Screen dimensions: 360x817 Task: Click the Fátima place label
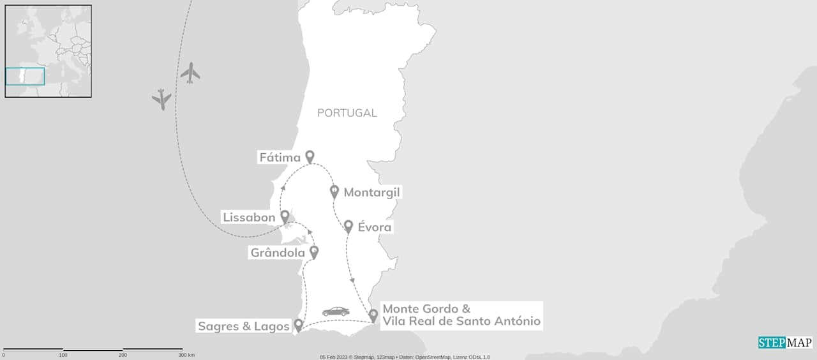(x=280, y=157)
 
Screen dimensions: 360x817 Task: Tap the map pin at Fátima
(x=310, y=156)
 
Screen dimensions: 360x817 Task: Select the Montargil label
(x=372, y=192)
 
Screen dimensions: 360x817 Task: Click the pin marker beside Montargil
(x=334, y=191)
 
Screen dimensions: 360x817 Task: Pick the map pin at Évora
(x=349, y=226)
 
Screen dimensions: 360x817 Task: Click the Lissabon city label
(x=249, y=218)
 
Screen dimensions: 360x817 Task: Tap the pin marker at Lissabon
(x=285, y=217)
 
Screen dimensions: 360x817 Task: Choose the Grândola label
(x=278, y=253)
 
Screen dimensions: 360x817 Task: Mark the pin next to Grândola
(x=313, y=252)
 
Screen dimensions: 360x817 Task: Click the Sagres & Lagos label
(x=243, y=326)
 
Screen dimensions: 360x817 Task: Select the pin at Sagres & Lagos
(x=298, y=326)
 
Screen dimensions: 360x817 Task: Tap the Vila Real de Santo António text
(x=461, y=321)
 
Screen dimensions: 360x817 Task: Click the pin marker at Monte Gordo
(x=373, y=315)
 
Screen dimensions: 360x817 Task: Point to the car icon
(x=336, y=311)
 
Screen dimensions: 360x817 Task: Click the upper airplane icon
(x=190, y=73)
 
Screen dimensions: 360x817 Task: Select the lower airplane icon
(x=162, y=99)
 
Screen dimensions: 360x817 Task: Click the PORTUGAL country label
(x=347, y=113)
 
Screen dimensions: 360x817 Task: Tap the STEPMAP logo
(x=784, y=343)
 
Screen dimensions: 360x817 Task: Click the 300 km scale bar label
(x=186, y=355)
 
